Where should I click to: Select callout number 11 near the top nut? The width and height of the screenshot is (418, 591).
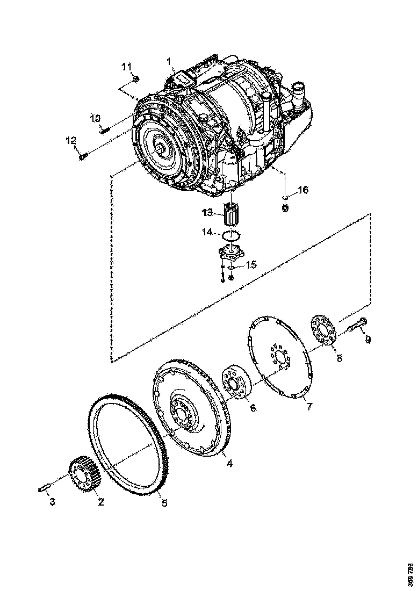click(x=126, y=67)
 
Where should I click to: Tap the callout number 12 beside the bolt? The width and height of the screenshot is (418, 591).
click(x=71, y=141)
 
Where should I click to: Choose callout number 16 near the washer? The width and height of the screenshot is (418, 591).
click(x=304, y=190)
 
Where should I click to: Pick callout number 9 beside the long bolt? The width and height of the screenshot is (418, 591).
click(x=368, y=340)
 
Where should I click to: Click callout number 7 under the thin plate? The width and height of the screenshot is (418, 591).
click(x=309, y=407)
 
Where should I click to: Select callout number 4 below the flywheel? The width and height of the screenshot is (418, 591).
click(x=229, y=463)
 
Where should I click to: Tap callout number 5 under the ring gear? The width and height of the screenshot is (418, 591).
click(x=164, y=503)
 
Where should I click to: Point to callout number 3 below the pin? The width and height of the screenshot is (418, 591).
click(x=52, y=502)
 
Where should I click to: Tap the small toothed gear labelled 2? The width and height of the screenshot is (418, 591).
click(x=83, y=472)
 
